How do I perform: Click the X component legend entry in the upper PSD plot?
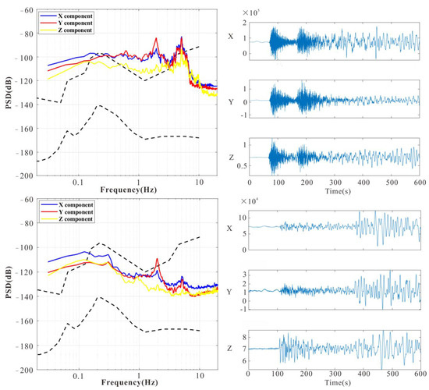coord(71,16)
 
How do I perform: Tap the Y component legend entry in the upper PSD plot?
coord(71,23)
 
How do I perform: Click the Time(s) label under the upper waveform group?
coord(335,190)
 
